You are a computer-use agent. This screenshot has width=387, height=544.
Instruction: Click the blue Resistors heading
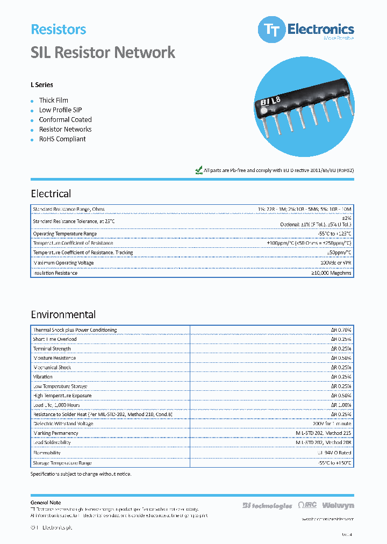59,30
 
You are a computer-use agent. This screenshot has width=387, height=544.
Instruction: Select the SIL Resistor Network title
103,52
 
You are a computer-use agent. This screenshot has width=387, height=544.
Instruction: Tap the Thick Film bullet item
53,100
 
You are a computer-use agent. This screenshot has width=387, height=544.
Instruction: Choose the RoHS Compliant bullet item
62,139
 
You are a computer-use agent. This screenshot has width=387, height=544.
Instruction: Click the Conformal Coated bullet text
65,119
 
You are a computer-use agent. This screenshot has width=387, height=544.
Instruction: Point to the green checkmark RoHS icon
198,170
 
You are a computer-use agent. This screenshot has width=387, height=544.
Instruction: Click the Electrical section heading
51,194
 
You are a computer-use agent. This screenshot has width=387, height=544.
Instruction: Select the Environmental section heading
63,314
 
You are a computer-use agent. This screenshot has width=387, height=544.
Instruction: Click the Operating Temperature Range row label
65,234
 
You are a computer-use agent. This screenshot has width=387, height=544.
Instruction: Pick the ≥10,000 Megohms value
331,273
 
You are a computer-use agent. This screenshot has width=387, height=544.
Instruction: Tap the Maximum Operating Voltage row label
63,263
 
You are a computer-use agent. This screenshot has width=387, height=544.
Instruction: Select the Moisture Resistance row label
54,358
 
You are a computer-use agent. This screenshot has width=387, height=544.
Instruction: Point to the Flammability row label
47,453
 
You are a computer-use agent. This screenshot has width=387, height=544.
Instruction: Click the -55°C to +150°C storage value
334,462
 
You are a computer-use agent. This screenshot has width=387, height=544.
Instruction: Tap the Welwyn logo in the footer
341,505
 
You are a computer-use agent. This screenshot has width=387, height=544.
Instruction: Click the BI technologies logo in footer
267,505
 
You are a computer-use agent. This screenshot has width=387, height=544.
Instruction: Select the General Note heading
46,503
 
